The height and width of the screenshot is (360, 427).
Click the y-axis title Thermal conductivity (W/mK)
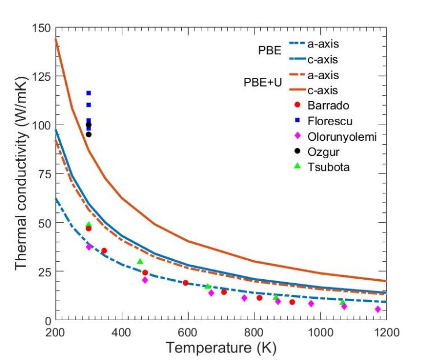coord(21,174)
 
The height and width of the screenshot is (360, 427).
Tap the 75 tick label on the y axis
coord(45,174)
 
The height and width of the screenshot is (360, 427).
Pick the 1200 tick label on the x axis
coord(385,333)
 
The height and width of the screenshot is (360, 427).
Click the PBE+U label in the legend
coord(263,83)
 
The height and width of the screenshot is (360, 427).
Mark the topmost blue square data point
coord(88,93)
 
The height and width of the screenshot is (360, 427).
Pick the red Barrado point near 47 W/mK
coord(88,228)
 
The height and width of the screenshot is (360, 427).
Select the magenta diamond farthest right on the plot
coord(378,309)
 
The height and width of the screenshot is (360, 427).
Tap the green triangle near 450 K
coord(140,261)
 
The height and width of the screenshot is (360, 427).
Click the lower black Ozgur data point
coord(88,134)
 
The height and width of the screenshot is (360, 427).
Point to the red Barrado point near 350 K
coord(104,250)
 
